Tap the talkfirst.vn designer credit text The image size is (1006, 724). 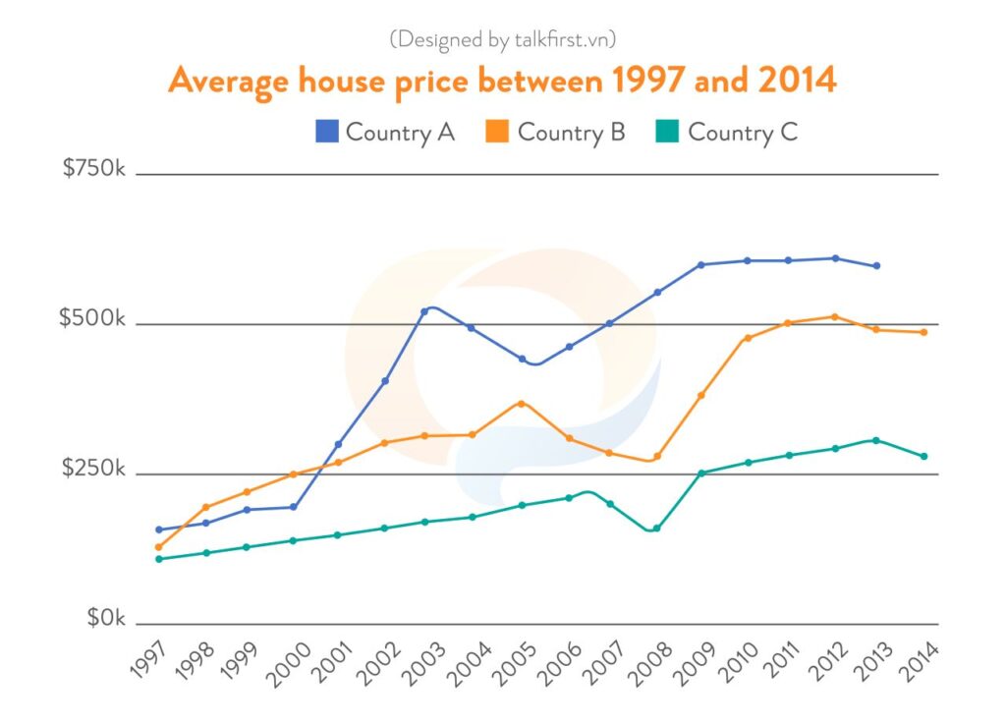(502, 39)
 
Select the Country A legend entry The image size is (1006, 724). (385, 132)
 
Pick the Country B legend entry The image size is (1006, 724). (556, 132)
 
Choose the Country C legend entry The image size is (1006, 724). (727, 132)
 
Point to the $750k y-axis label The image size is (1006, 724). (94, 168)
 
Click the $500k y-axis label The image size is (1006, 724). (93, 318)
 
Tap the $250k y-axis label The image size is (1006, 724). (93, 469)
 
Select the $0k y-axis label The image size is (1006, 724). (106, 619)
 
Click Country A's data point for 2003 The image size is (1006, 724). (423, 311)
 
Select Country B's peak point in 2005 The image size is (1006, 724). (522, 403)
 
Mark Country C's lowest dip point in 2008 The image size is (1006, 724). (656, 529)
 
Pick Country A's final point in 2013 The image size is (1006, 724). (876, 265)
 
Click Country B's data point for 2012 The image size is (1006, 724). (834, 316)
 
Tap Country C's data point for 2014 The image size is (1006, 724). (924, 456)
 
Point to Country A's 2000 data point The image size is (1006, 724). (293, 507)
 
